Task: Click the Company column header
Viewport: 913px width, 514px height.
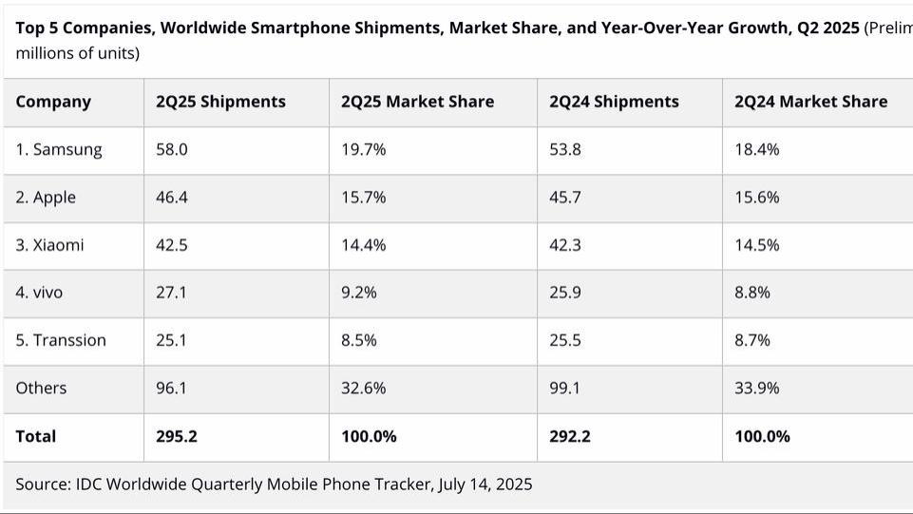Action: pos(53,102)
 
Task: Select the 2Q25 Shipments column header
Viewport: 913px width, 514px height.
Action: pos(220,102)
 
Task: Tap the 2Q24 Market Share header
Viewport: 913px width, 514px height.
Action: pos(810,102)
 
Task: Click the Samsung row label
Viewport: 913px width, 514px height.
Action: pos(59,149)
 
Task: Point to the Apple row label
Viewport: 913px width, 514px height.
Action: pos(46,198)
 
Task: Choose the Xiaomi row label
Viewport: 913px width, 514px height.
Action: pos(49,245)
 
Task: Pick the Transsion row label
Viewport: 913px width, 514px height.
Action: pos(61,340)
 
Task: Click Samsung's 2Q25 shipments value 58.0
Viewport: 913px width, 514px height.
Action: pos(171,149)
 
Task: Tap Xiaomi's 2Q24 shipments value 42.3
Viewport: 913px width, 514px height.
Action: pos(564,245)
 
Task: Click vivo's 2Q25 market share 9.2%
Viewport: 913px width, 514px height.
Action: pos(358,293)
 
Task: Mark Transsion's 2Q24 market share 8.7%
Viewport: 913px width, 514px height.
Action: pos(751,340)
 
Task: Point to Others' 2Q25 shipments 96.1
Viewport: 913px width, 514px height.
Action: pos(171,388)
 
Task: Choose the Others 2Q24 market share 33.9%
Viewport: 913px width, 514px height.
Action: pos(756,388)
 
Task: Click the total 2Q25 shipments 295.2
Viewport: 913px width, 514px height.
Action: pos(177,437)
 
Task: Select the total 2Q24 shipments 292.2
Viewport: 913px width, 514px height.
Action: pos(570,437)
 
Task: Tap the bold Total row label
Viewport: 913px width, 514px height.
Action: pos(36,437)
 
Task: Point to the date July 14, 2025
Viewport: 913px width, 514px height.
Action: pos(485,485)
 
